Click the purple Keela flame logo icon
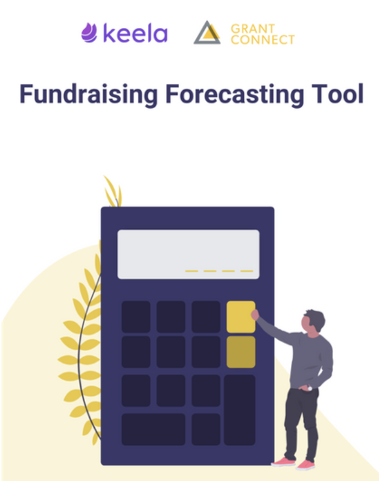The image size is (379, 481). point(89,33)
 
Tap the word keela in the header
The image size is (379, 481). point(135,33)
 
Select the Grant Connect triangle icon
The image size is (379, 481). point(207,33)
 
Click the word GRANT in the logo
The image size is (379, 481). point(253,28)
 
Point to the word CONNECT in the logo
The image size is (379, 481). point(263,39)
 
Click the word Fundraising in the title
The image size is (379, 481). point(89,95)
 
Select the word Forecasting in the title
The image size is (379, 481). point(235,95)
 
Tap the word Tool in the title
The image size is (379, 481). point(337,94)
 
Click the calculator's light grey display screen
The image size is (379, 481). point(188,254)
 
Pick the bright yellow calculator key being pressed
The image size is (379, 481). point(241,317)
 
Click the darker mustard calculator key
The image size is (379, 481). point(241,352)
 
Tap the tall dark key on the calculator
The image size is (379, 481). point(240,410)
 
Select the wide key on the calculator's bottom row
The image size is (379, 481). point(153,429)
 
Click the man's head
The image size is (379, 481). point(313,322)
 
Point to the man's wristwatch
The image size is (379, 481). point(310,389)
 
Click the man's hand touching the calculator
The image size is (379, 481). point(255,314)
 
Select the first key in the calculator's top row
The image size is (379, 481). point(136,317)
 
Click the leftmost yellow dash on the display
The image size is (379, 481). point(191,271)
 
